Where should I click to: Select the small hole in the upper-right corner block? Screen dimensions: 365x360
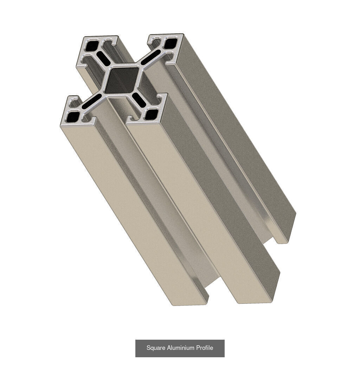coord(171,44)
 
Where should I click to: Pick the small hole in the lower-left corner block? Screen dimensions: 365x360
coord(74,116)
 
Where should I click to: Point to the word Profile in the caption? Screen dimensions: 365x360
coord(205,348)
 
